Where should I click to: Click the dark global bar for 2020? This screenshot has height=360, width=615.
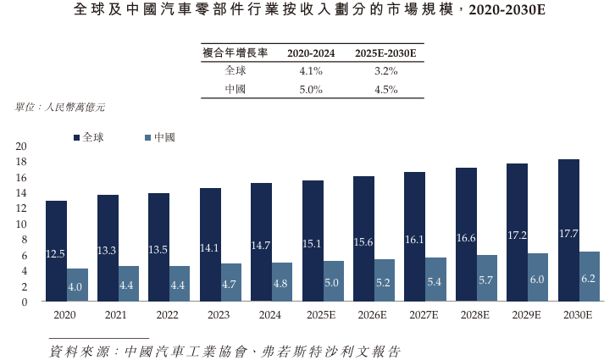(56, 251)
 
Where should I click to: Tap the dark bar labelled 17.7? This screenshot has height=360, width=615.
(568, 230)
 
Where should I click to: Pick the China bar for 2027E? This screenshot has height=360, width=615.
(436, 279)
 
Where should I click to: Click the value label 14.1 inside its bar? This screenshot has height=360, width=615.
(210, 248)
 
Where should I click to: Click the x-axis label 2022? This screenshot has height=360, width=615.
(158, 314)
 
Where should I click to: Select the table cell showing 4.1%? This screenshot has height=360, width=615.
(311, 71)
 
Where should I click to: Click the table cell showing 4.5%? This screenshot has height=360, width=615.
(385, 89)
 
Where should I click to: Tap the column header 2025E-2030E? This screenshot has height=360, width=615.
(385, 53)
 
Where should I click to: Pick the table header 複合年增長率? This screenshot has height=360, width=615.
(235, 53)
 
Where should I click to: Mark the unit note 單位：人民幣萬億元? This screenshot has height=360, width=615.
(60, 108)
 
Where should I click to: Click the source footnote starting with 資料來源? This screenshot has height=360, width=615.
(224, 350)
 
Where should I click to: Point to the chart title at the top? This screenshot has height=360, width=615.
(307, 11)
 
